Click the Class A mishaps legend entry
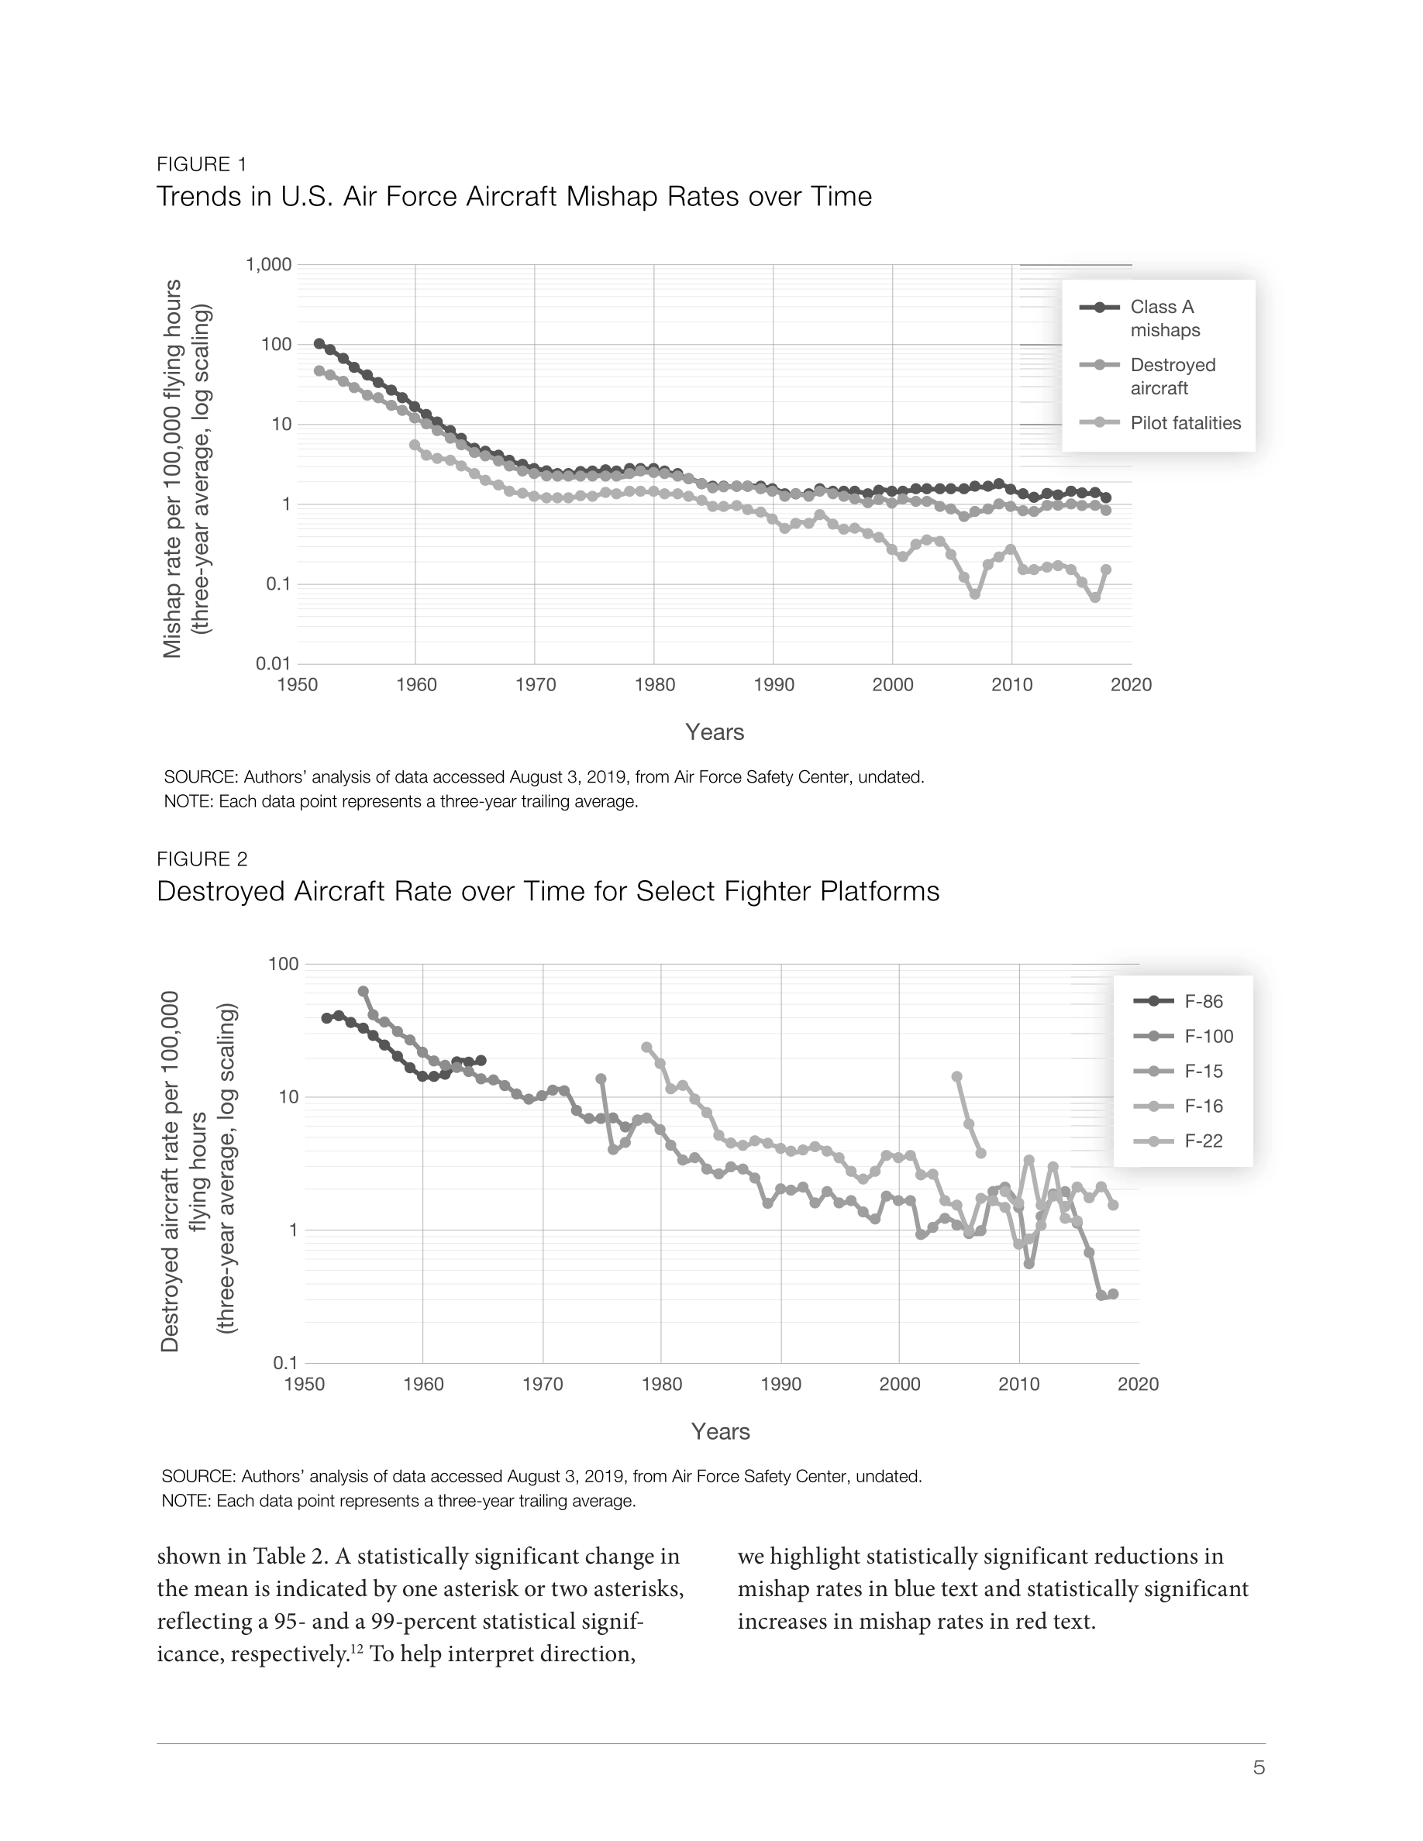tap(1139, 318)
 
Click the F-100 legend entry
tap(1184, 1037)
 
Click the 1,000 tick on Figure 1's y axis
tap(268, 265)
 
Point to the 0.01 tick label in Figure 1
tap(274, 664)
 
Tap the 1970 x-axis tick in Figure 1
tap(536, 684)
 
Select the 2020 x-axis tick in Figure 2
tap(1138, 1384)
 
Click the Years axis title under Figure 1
tap(715, 731)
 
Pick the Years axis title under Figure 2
tap(721, 1431)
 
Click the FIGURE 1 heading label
tap(202, 164)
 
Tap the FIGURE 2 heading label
tap(202, 859)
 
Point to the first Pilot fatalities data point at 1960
tap(415, 444)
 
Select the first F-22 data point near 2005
tap(957, 1076)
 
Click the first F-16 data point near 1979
tap(646, 1047)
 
